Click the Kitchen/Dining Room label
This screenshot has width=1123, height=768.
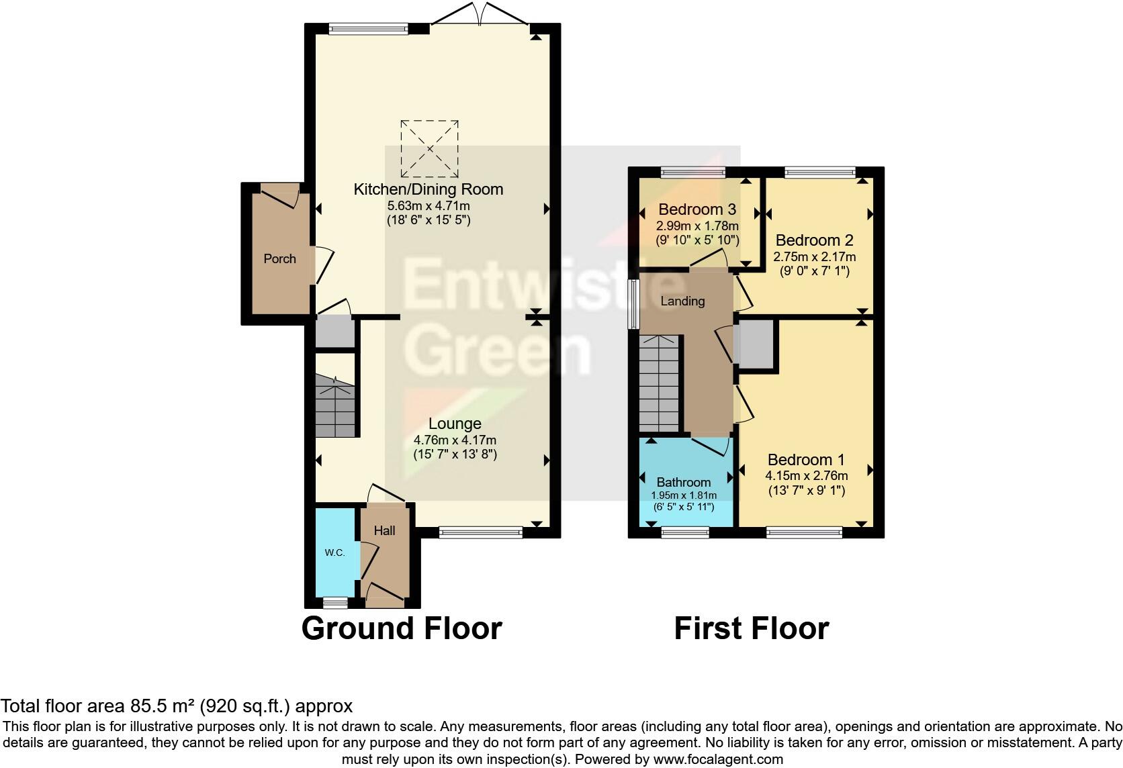tap(428, 189)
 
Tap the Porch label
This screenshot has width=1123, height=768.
tap(279, 258)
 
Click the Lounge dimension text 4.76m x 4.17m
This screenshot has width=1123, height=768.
tap(455, 440)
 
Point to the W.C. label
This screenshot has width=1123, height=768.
tap(334, 553)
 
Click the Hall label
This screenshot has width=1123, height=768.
tap(384, 530)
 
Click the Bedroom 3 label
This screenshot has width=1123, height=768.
tap(697, 209)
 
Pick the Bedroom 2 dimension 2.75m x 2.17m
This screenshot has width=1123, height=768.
tap(814, 256)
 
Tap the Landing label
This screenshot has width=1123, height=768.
tap(682, 301)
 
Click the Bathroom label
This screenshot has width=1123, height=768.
tap(683, 482)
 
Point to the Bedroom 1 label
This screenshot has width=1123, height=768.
tap(806, 460)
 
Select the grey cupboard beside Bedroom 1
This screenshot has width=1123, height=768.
tap(755, 344)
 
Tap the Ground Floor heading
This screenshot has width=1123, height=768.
tap(402, 628)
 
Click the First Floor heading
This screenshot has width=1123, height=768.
tap(751, 628)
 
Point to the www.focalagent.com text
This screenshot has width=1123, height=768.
tap(717, 759)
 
